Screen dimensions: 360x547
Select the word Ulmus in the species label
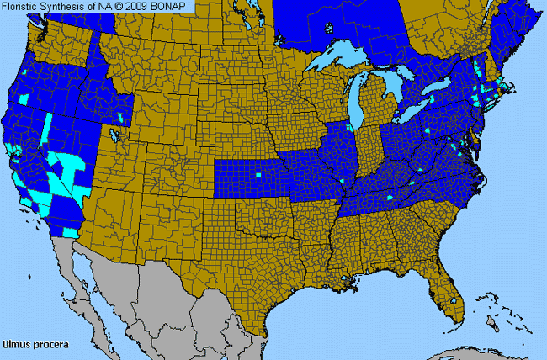(x=16, y=344)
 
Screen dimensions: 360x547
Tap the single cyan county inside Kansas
(x=258, y=177)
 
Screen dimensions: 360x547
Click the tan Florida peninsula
(x=446, y=286)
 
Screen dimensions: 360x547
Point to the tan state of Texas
(x=252, y=269)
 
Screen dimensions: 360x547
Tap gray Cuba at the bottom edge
(x=471, y=353)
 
